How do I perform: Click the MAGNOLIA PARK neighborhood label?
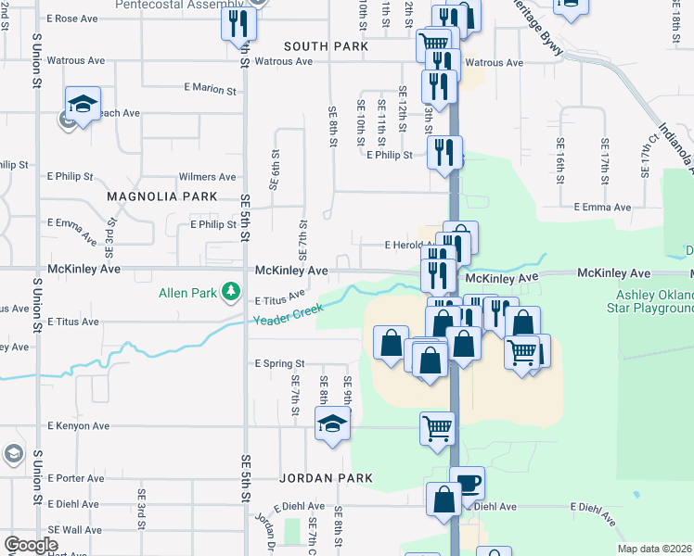(x=161, y=196)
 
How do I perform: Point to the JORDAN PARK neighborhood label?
(x=326, y=478)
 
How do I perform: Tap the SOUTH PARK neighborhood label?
(x=326, y=46)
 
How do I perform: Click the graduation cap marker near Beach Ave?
(x=83, y=105)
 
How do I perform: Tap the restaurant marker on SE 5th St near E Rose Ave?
(x=238, y=22)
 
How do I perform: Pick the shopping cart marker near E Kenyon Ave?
(x=437, y=428)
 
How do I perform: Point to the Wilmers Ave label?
(x=207, y=176)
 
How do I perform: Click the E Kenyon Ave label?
(x=79, y=426)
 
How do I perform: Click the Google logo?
(x=30, y=545)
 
